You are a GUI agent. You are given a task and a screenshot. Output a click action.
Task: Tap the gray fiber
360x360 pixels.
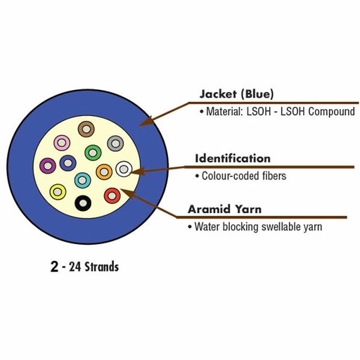pyautogui.click(x=115, y=143)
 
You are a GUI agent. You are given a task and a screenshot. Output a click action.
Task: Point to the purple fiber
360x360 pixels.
pyautogui.click(x=48, y=166)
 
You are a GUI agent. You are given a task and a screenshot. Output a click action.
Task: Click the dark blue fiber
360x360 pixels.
pyautogui.click(x=67, y=163)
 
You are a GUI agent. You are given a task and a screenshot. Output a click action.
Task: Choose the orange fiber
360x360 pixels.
pyautogui.click(x=104, y=171)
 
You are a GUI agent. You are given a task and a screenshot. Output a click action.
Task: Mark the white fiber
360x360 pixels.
pyautogui.click(x=124, y=168)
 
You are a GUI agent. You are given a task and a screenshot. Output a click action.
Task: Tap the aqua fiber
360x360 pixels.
pyautogui.click(x=82, y=179)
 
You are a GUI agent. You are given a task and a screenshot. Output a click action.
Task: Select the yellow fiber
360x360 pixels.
pyautogui.click(x=58, y=191)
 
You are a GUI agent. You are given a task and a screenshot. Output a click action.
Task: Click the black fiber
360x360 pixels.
pyautogui.click(x=84, y=203)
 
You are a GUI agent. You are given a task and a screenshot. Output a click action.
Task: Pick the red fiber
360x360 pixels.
pyautogui.click(x=111, y=195)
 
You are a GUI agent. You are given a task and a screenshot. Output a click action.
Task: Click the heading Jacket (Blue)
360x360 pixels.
pyautogui.click(x=236, y=94)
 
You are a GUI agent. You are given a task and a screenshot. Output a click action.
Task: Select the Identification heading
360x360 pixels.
pyautogui.click(x=232, y=158)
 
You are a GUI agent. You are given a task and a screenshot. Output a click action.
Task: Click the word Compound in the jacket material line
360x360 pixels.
pyautogui.click(x=330, y=112)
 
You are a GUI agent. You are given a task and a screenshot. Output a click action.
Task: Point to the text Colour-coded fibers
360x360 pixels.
pyautogui.click(x=243, y=176)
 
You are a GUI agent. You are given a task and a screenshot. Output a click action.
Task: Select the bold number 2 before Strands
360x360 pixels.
pyautogui.click(x=54, y=267)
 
